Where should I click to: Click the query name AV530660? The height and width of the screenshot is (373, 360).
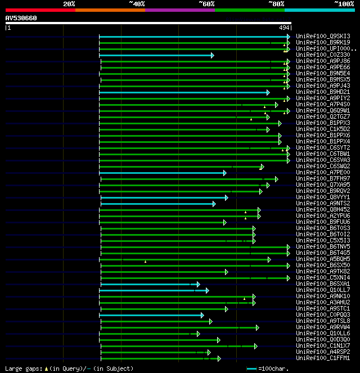[21, 18]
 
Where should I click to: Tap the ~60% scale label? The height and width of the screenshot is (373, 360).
[206, 3]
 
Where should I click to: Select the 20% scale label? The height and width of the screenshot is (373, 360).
[69, 3]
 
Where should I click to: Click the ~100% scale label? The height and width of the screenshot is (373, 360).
[344, 3]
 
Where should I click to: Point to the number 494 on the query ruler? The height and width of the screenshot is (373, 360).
[283, 28]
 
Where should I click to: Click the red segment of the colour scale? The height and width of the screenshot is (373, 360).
[40, 10]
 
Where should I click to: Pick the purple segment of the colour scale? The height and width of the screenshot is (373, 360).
[179, 10]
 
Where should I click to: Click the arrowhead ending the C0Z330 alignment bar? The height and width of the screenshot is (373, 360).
[212, 55]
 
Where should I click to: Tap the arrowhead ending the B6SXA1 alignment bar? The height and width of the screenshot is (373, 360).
[197, 284]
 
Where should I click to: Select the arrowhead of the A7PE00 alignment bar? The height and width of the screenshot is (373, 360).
[224, 173]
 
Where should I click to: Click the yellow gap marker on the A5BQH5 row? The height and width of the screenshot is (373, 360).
[145, 262]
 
